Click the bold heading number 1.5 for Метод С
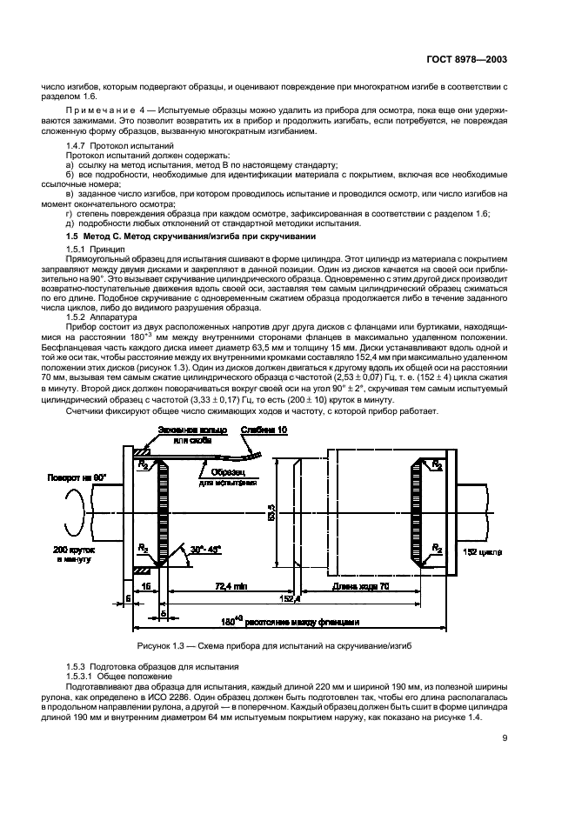[74, 237]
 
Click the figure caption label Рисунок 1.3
[164, 647]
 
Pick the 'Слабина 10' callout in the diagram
[264, 430]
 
